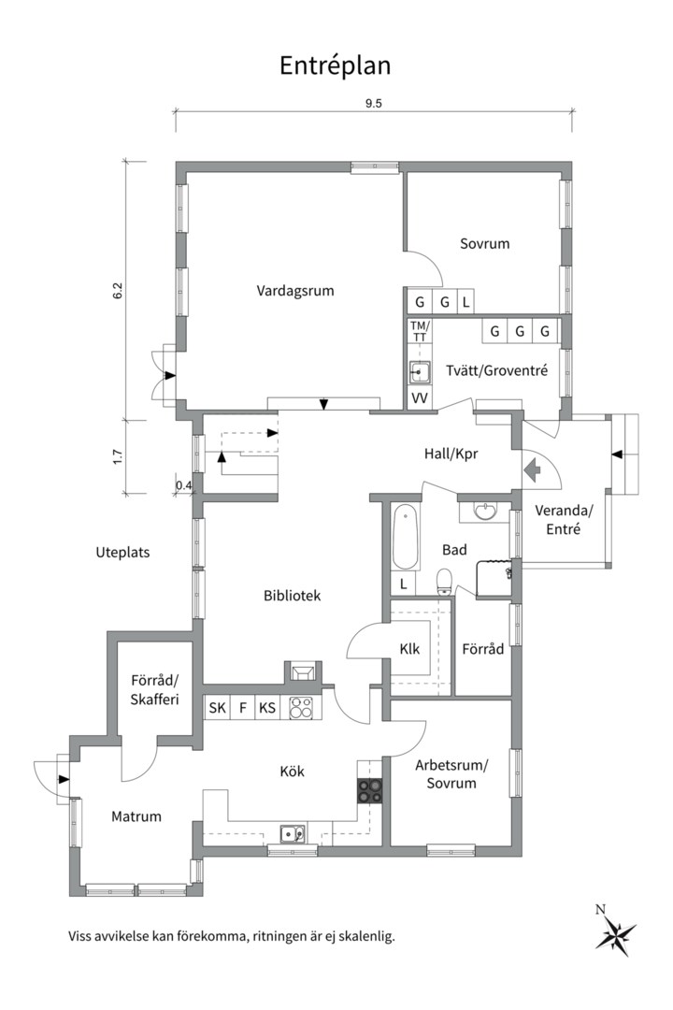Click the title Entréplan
pos(335,65)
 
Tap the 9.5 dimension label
pos(374,103)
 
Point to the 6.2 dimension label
pos(117,291)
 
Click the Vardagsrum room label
pos(295,291)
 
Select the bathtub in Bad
pos(405,537)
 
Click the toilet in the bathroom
pos(444,582)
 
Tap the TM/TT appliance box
pos(420,332)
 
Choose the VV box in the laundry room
pos(420,398)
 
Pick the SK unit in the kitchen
pos(217,708)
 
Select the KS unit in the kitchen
pos(267,708)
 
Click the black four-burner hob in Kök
pos(370,790)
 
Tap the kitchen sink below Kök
pos(293,834)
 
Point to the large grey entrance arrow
pos(533,469)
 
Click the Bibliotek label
pos(292,596)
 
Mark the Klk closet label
pos(409,649)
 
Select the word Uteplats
pos(122,553)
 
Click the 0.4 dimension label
pos(183,485)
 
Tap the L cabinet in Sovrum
pos(465,301)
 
